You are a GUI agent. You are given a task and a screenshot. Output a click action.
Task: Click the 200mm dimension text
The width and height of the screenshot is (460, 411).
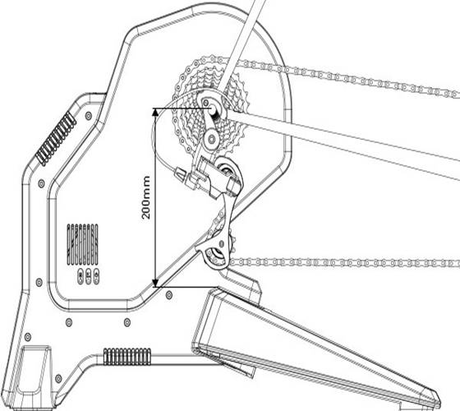click(146, 197)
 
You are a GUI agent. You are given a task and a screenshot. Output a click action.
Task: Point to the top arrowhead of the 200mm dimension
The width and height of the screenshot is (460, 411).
click(155, 112)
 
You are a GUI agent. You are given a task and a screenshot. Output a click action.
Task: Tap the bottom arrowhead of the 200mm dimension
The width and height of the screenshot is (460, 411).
click(155, 283)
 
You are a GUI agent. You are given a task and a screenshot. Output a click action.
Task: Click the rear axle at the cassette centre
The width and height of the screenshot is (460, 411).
click(213, 109)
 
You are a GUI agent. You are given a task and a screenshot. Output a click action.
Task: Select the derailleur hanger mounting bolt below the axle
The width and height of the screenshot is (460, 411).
click(211, 138)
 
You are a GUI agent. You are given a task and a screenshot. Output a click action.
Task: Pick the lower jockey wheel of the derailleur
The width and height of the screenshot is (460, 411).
click(217, 255)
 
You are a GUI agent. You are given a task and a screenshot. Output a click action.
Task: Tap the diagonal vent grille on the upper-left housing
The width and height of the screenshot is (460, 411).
click(56, 138)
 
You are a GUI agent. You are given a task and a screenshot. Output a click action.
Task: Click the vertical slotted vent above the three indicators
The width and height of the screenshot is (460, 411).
click(82, 244)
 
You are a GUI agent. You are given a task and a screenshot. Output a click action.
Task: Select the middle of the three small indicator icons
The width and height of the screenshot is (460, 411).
click(89, 276)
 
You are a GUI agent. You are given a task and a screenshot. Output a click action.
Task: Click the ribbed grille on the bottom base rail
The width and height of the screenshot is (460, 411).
click(127, 357)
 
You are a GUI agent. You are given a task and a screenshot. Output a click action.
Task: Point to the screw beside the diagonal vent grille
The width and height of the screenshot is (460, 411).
click(89, 116)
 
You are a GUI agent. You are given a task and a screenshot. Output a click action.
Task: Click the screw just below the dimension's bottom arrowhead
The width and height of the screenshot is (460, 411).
click(168, 295)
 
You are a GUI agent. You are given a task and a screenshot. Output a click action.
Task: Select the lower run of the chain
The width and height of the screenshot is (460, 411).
click(345, 262)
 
